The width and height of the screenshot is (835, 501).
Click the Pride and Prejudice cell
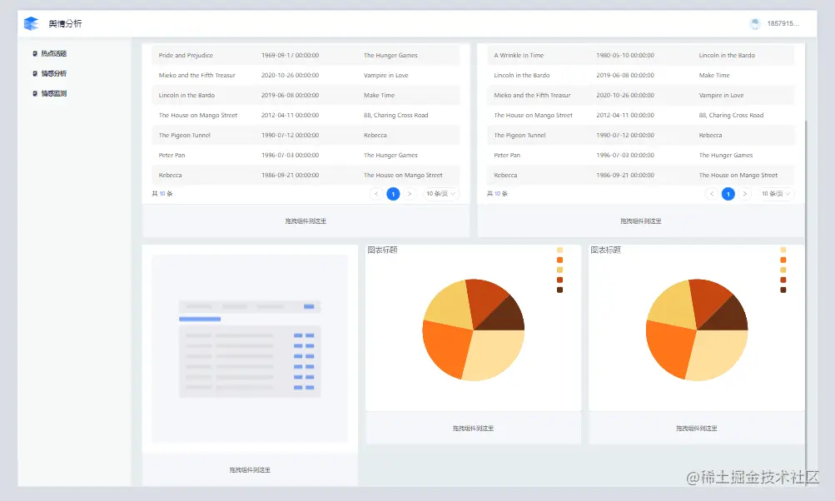point(186,56)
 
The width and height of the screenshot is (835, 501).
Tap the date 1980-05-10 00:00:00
point(624,56)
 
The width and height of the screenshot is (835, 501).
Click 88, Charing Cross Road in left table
point(395,116)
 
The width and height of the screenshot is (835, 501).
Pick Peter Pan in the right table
point(507,156)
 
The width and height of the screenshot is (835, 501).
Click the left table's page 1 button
point(393,194)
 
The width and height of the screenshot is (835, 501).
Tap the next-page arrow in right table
point(745,194)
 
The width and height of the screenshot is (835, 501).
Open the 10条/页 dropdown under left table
point(441,194)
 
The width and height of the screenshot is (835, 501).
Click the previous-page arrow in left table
point(376,194)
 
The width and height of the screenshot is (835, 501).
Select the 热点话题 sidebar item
point(53,54)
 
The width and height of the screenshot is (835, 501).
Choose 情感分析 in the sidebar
point(53,74)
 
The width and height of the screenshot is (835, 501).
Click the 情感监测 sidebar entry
point(53,94)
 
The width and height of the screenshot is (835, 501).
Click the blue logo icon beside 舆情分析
point(32,23)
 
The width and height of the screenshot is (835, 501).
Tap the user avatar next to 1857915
point(755,23)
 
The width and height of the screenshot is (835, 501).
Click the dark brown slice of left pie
point(507,314)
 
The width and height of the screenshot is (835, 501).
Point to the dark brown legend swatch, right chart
point(783,290)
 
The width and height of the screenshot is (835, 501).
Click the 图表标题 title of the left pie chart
point(382,250)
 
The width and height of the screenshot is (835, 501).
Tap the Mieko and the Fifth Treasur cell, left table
point(196,76)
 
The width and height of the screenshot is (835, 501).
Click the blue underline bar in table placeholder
point(200,319)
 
